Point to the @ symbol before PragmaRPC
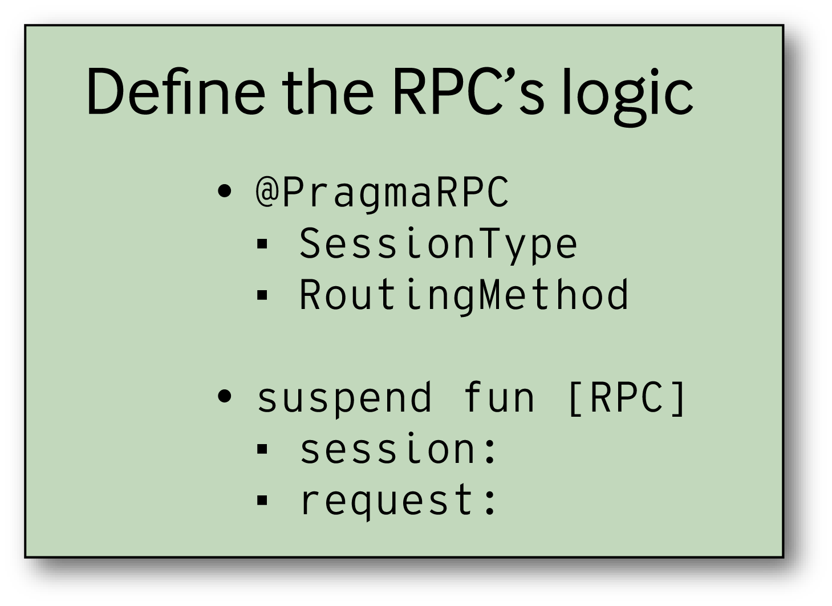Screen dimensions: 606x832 [x=267, y=192]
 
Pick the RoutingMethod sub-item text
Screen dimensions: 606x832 [x=464, y=295]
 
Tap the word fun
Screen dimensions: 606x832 [x=499, y=398]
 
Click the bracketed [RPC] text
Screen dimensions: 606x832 [x=627, y=397]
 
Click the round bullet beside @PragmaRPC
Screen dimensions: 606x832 [x=225, y=192]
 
